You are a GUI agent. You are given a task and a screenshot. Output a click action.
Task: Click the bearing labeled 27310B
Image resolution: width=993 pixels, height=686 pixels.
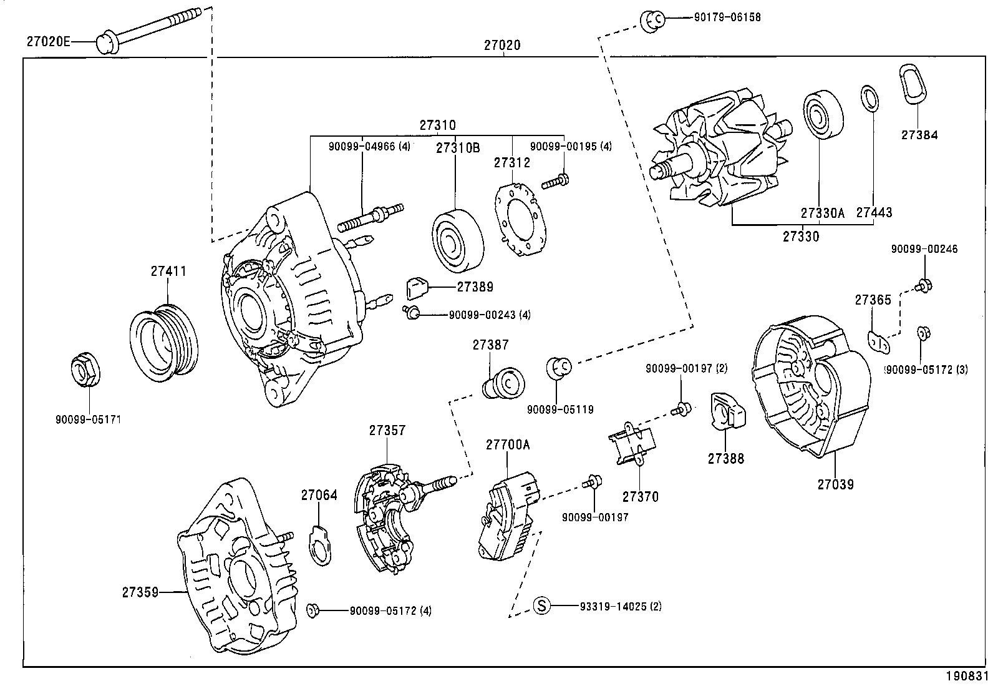pos(457,240)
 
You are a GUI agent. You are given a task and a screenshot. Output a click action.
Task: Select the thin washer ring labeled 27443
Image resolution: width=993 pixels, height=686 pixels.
pos(869,99)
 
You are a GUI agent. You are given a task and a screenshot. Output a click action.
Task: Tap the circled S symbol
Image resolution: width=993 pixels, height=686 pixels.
pos(542,605)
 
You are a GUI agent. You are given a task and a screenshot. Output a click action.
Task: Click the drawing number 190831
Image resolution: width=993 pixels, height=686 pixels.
pos(969,676)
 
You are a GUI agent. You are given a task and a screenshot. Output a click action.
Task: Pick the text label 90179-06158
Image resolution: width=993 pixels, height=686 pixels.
pos(727,17)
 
